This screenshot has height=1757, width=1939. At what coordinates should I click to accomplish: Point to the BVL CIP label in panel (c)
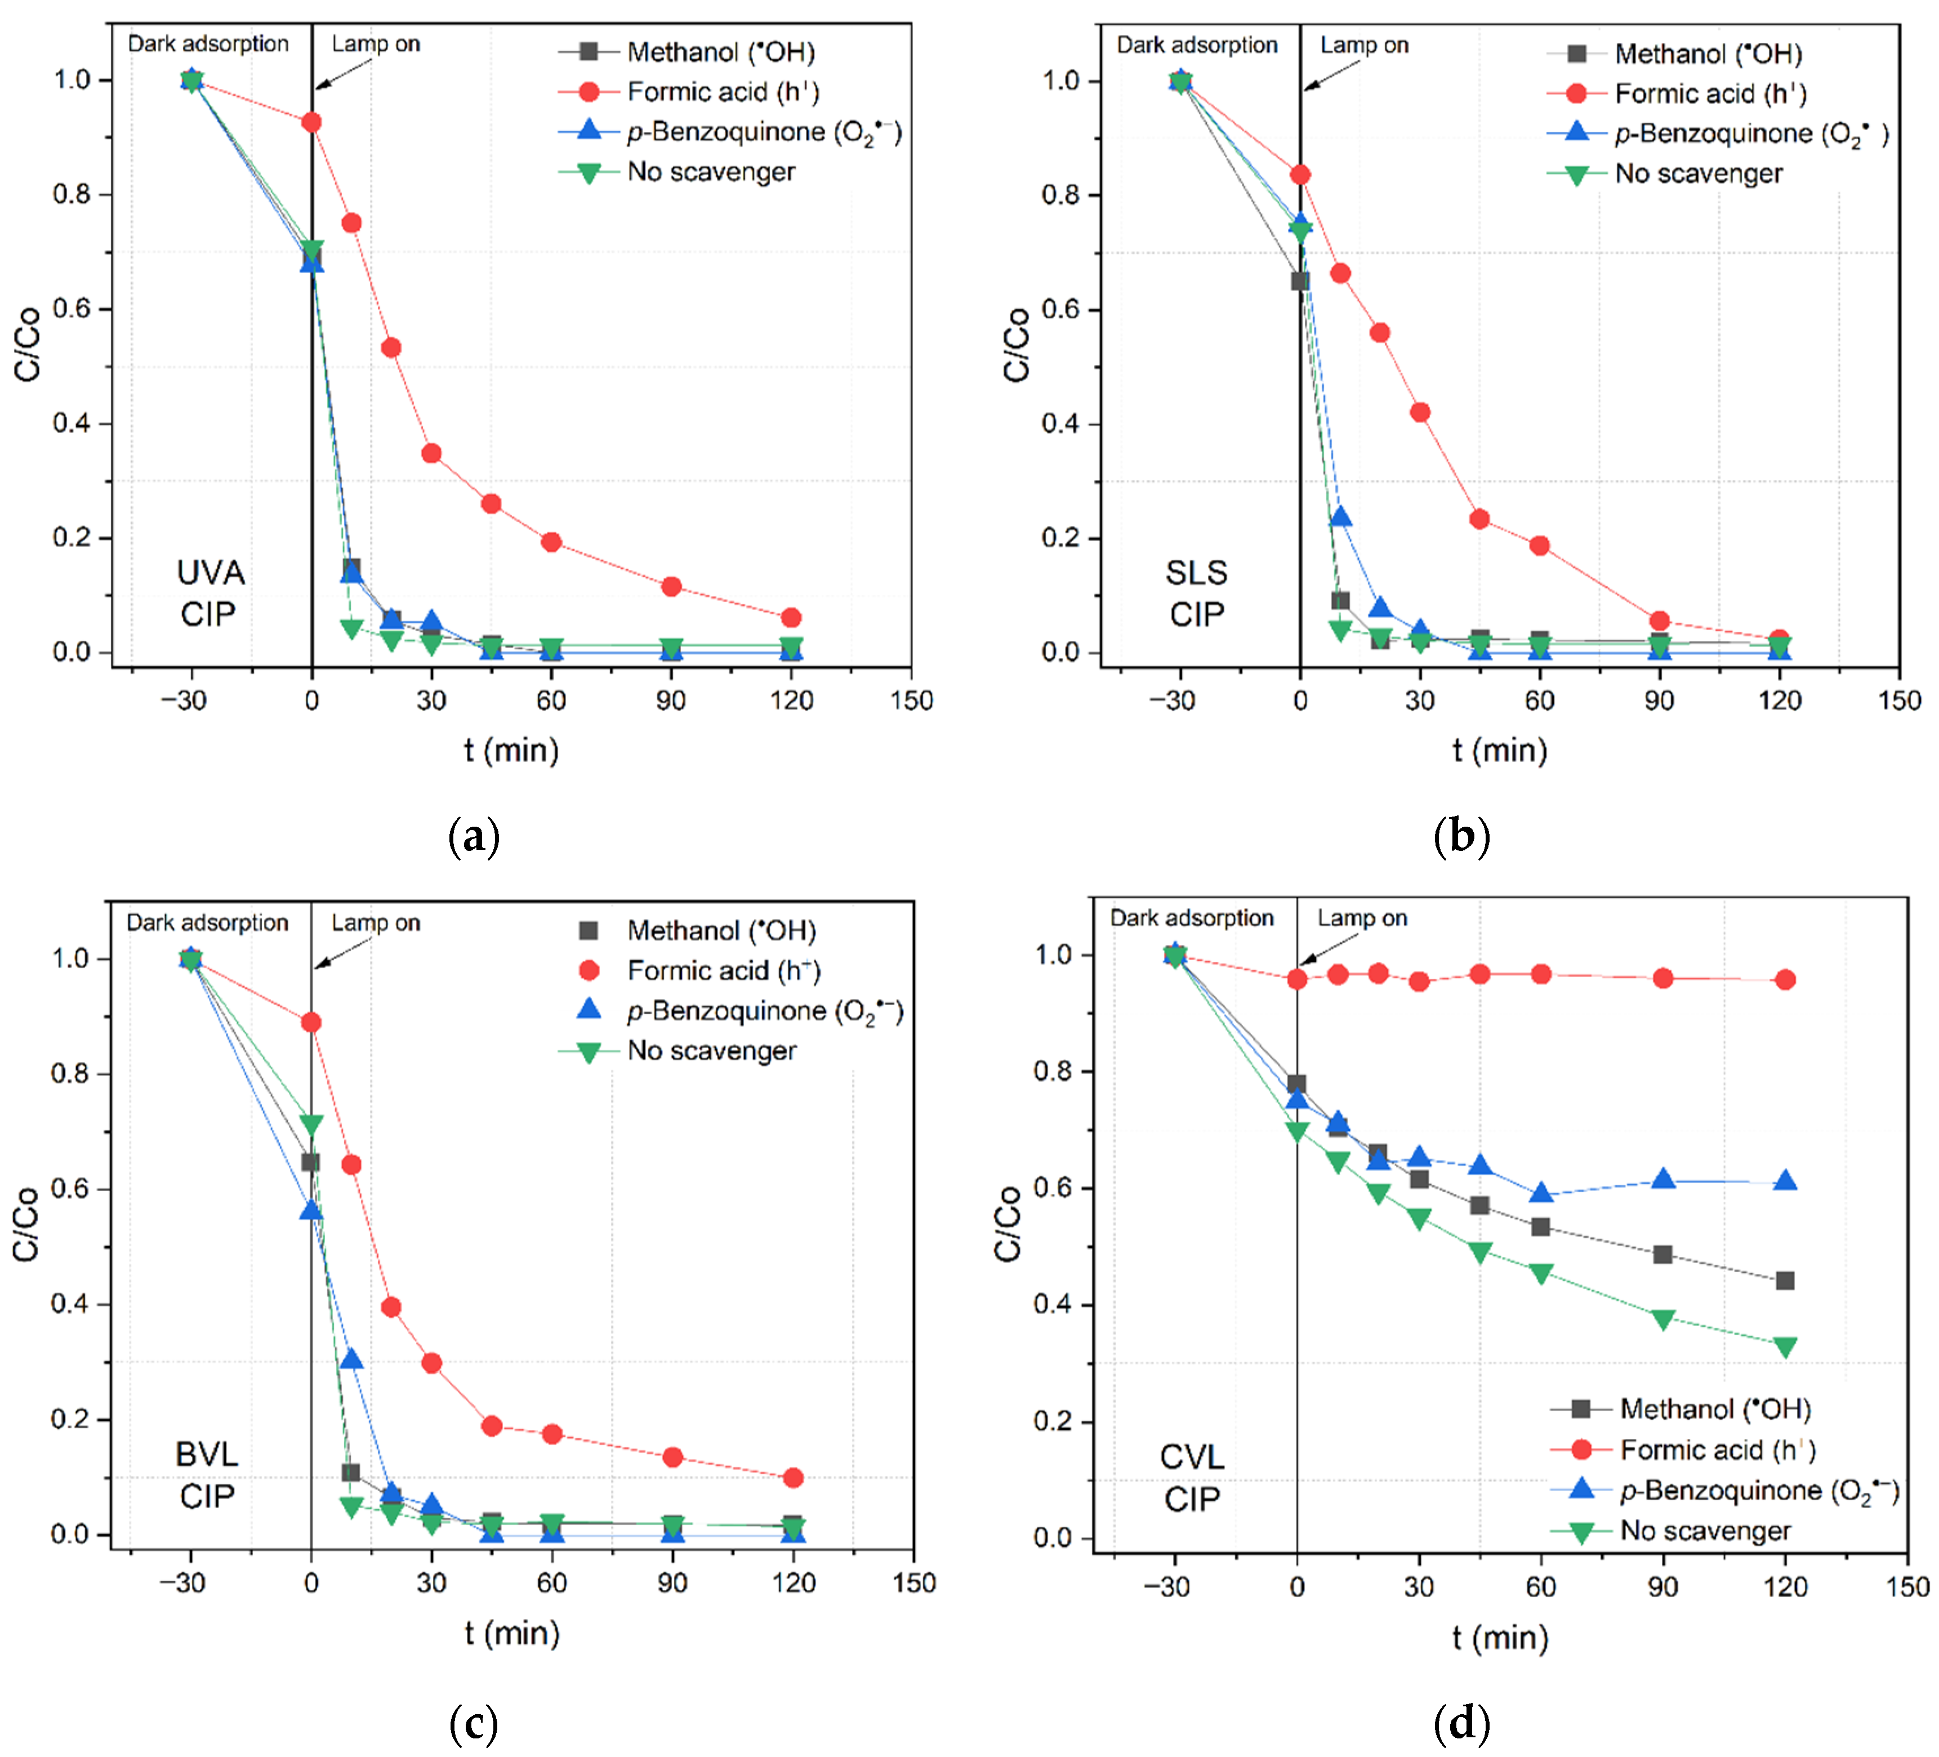click(207, 1474)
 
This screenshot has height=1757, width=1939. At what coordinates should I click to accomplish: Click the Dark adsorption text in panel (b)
click(1197, 45)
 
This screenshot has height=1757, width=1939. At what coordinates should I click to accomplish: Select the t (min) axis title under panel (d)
click(1500, 1638)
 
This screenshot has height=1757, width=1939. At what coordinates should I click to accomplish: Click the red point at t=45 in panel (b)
click(1479, 519)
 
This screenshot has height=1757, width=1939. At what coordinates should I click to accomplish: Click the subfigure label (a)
click(474, 837)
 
